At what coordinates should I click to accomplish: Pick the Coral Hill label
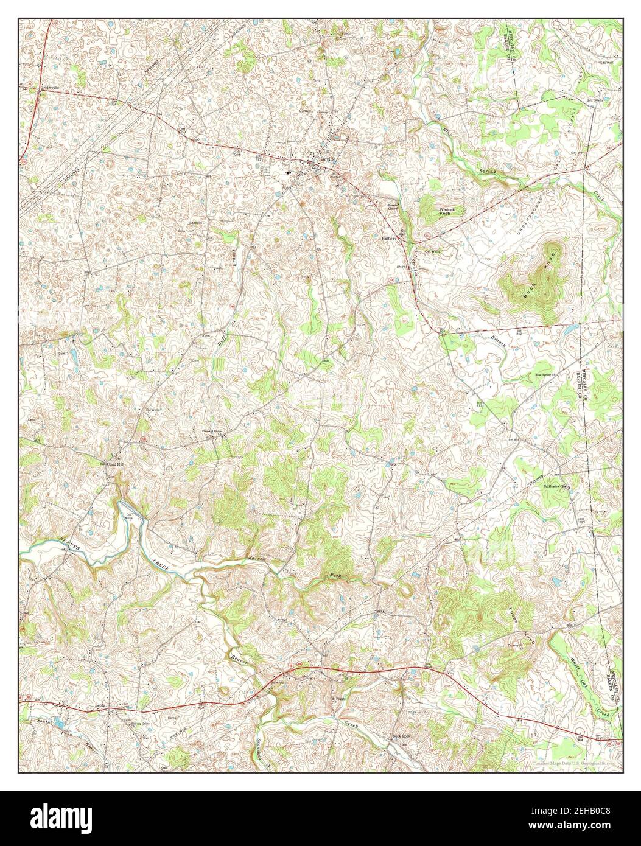point(115,464)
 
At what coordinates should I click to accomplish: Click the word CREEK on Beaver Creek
point(163,565)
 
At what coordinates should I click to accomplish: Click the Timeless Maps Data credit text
point(573,763)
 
